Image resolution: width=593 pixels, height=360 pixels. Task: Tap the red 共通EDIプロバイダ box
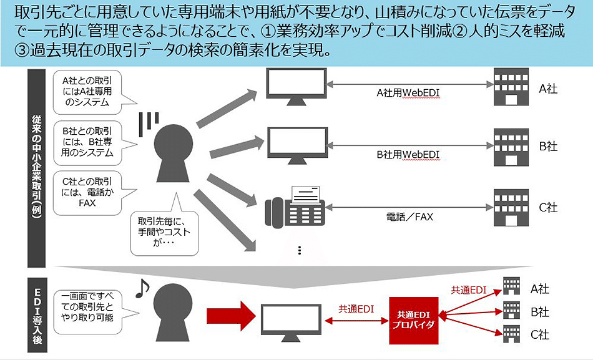[411, 320]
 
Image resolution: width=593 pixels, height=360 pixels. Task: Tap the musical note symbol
[142, 289]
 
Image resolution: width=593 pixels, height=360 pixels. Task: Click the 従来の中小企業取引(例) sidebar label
[36, 166]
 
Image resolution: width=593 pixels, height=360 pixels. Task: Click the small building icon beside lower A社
[512, 287]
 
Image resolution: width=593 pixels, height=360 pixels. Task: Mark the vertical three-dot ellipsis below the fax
[300, 250]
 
